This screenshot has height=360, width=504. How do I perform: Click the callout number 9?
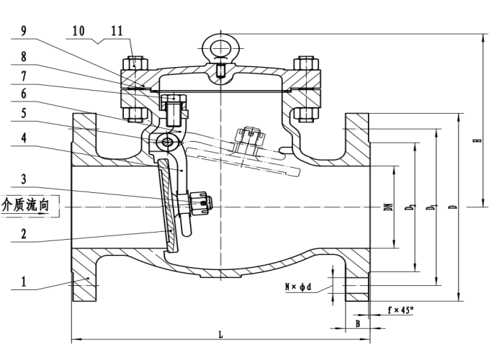point(24,31)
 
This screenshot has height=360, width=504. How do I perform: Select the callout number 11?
point(117,31)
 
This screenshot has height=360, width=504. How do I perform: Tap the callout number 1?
point(24,282)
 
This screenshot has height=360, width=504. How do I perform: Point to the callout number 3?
point(24,179)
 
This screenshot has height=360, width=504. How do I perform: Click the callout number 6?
point(24,94)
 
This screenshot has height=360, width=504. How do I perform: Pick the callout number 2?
point(24,234)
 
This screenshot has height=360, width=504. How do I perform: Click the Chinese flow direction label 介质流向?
point(25,204)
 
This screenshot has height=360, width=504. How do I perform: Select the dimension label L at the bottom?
point(220,335)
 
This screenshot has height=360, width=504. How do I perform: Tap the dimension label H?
point(480,140)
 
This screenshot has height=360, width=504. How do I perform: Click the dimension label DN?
point(389,207)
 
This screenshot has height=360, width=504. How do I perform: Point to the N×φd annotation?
point(298,287)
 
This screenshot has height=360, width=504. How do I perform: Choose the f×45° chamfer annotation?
point(400,310)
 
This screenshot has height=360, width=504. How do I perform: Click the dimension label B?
point(358,324)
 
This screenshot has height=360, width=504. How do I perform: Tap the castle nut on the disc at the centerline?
point(201,202)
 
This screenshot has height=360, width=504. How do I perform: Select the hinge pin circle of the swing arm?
point(167,142)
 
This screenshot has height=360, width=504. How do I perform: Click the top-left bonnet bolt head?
point(135,63)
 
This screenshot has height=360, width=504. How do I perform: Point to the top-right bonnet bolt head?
point(306,63)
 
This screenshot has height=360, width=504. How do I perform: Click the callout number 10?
point(78,31)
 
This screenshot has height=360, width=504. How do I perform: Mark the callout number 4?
point(24,138)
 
